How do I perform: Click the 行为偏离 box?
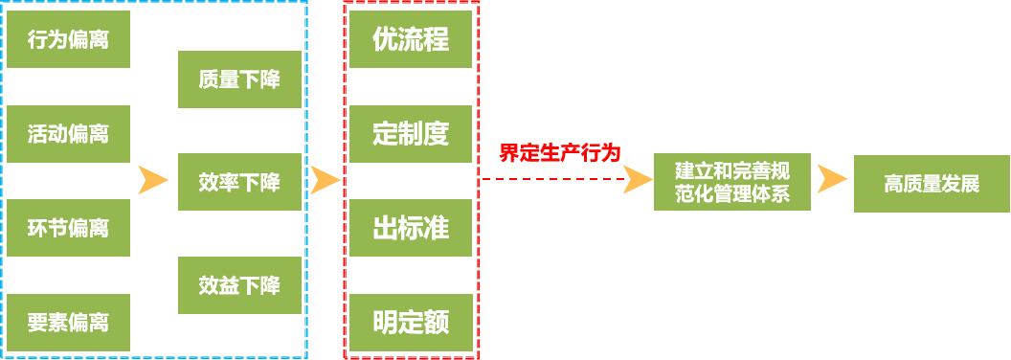[68, 39]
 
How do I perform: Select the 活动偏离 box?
[68, 133]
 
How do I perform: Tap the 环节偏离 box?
[68, 227]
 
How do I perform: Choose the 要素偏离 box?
[68, 322]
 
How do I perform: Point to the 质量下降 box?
[239, 79]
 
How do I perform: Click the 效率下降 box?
[239, 181]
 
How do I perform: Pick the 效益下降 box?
[239, 284]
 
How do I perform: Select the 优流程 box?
[411, 39]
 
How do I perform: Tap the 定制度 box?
[411, 133]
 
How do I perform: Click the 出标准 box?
[411, 227]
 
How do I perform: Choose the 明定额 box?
[411, 322]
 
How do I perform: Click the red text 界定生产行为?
[560, 152]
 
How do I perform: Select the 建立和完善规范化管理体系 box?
[732, 181]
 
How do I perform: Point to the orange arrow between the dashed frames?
[326, 180]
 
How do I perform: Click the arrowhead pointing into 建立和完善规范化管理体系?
[637, 180]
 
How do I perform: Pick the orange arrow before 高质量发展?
[831, 180]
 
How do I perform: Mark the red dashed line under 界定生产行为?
[550, 179]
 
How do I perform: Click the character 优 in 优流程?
[385, 39]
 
